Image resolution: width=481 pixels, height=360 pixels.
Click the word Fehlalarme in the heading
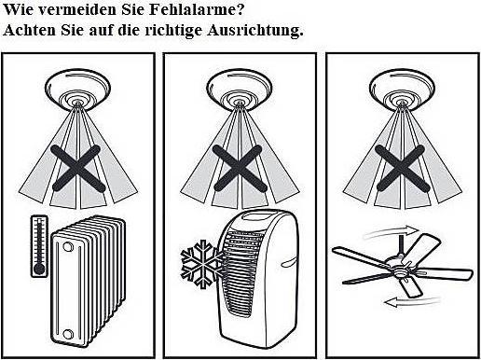coord(194,9)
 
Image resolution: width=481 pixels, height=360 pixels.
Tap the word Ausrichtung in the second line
coord(254,31)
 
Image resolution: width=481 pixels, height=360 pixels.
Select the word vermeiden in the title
coord(78,9)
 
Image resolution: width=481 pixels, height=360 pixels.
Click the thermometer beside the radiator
coord(39,245)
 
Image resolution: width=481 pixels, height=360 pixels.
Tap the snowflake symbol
coord(202,264)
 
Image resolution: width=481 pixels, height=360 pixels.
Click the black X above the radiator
coord(77,168)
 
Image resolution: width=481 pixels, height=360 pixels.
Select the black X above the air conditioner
coord(240,168)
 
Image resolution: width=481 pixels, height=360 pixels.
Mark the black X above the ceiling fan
coord(402,168)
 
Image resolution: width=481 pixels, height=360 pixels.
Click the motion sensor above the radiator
coord(77,90)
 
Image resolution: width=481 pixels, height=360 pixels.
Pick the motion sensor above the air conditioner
coord(240,90)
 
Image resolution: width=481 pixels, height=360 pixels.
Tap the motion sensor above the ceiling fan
coord(402,90)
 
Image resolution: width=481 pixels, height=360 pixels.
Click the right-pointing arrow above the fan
coord(392,231)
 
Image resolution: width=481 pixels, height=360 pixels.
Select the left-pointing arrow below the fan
coord(412,301)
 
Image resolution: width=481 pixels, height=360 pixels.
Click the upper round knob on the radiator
coord(67,247)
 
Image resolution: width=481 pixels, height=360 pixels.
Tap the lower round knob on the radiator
coord(67,334)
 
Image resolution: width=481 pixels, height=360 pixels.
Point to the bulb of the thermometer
coord(39,269)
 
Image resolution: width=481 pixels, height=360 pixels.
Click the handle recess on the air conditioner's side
coord(288,262)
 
